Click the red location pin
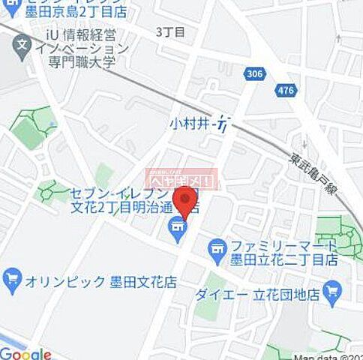[x=184, y=200]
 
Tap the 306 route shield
[x=253, y=72]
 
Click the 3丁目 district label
[x=170, y=31]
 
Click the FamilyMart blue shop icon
[x=217, y=245]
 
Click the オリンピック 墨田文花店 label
[x=92, y=281]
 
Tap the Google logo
[x=25, y=353]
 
